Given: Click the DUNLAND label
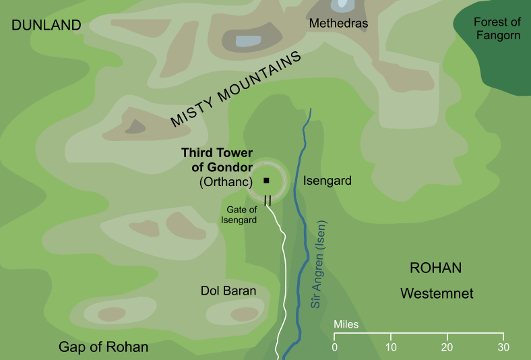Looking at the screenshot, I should [x=46, y=26].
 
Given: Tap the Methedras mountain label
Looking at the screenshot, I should [x=338, y=24].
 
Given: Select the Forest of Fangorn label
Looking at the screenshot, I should [x=497, y=28].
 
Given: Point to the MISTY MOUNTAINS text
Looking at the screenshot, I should [x=235, y=91].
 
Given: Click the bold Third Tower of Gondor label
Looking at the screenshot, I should [x=217, y=160].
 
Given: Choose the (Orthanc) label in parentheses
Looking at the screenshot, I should [x=225, y=182].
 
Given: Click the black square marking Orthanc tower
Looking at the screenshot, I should [x=266, y=180].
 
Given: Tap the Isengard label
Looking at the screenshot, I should [x=327, y=181].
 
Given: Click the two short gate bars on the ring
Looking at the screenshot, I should [x=268, y=200].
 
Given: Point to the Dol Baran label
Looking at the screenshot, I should [x=228, y=291].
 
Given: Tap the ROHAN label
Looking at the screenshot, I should [x=435, y=268].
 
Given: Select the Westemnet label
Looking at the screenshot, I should [x=437, y=294].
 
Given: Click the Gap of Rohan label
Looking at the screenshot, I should [x=103, y=347].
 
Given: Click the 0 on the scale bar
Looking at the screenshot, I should [x=335, y=347].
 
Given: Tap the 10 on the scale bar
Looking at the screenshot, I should [x=391, y=347].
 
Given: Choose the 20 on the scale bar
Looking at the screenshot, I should [x=447, y=347].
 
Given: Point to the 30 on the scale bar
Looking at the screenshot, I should [x=503, y=347].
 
